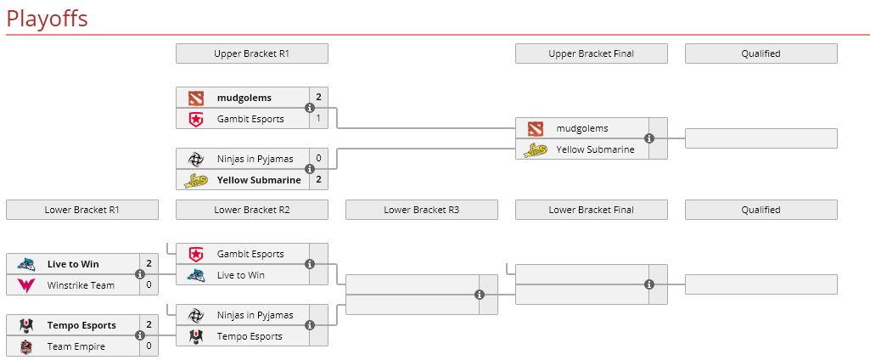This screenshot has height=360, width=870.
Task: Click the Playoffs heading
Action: [x=47, y=19]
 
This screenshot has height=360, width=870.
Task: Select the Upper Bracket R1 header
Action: [x=251, y=53]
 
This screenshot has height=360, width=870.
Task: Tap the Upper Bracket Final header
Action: [x=591, y=53]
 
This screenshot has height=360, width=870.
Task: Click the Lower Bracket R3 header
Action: [x=421, y=210]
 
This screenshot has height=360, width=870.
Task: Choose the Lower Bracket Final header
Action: [x=591, y=210]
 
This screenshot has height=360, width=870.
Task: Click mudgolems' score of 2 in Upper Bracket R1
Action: [x=318, y=98]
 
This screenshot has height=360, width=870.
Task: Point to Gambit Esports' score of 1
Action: [x=318, y=119]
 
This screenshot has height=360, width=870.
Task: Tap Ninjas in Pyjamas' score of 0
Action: [x=318, y=158]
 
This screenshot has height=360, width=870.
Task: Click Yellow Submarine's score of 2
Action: [x=318, y=180]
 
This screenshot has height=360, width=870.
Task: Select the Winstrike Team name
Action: [x=81, y=285]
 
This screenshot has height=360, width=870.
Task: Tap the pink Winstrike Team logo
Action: [x=26, y=285]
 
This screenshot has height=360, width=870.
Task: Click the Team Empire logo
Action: [x=26, y=346]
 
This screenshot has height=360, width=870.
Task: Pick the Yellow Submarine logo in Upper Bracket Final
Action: [x=536, y=150]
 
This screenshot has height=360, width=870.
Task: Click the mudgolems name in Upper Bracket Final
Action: [x=582, y=128]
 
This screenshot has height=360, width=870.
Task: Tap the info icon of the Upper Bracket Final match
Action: [x=649, y=138]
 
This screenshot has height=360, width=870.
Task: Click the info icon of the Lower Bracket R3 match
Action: [x=480, y=295]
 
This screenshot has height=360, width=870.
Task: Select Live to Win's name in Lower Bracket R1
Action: [x=73, y=264]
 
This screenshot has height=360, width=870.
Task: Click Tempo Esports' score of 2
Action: [x=149, y=325]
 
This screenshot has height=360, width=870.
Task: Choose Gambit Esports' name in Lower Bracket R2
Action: [x=250, y=254]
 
